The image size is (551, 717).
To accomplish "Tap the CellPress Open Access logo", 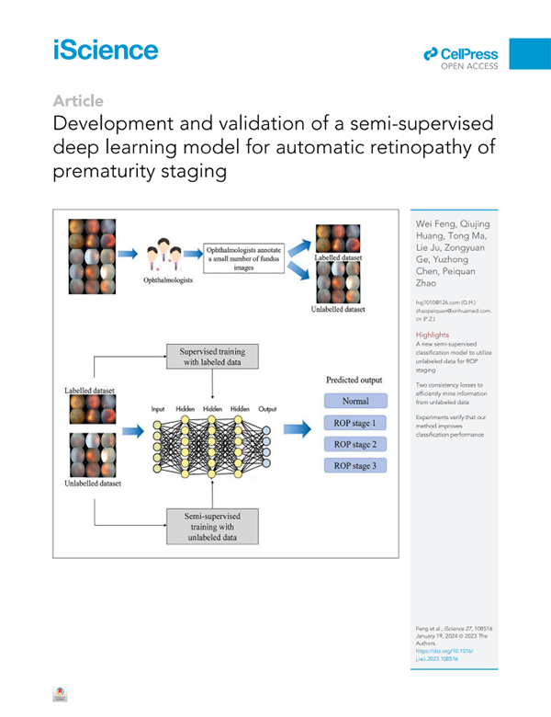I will (x=462, y=57).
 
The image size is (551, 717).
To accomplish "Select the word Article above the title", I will (x=78, y=100).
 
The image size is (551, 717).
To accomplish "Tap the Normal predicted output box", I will (x=356, y=402).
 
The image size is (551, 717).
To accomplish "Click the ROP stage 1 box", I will (x=356, y=424).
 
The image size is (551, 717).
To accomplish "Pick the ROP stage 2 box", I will (x=356, y=445).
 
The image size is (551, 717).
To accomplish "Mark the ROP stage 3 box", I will (x=356, y=466).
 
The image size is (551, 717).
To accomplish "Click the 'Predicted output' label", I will (x=355, y=380).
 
